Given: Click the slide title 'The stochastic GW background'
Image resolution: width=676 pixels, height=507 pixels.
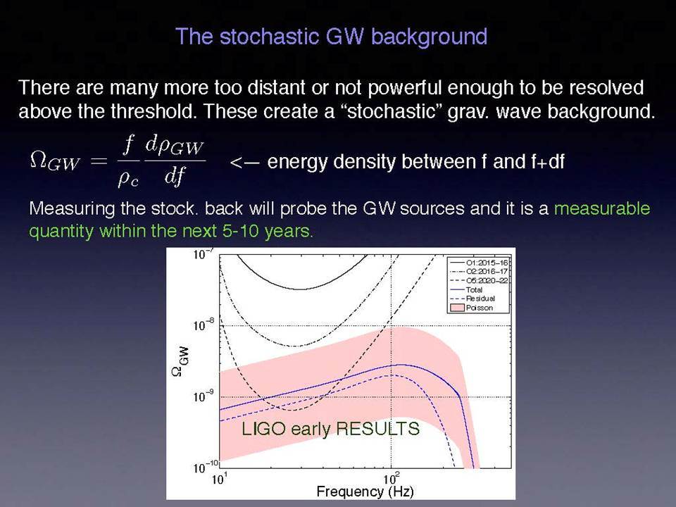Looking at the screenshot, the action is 331,37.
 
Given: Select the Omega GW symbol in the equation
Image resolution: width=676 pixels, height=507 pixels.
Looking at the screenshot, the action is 55,161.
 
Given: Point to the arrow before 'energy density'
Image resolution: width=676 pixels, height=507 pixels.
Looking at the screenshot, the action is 244,163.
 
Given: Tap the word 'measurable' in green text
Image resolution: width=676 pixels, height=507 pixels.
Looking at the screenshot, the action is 602,208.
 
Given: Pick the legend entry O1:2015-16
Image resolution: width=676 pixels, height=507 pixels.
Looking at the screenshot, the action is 480,263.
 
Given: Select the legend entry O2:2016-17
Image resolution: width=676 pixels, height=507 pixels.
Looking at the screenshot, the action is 480,272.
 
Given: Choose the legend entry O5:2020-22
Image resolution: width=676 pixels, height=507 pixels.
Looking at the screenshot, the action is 480,281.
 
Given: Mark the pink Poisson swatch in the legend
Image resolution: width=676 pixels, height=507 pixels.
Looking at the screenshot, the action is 457,308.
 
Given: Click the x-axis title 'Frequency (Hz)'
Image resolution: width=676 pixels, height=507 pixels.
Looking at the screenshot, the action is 365,492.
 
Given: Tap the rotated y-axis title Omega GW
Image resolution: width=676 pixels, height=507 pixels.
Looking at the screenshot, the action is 181,361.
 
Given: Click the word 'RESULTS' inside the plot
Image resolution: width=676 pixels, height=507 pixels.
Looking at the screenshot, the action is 377,429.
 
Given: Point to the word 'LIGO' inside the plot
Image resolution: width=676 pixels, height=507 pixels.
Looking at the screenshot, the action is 263,429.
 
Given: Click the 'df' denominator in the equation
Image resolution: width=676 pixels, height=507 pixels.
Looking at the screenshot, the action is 174,176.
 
